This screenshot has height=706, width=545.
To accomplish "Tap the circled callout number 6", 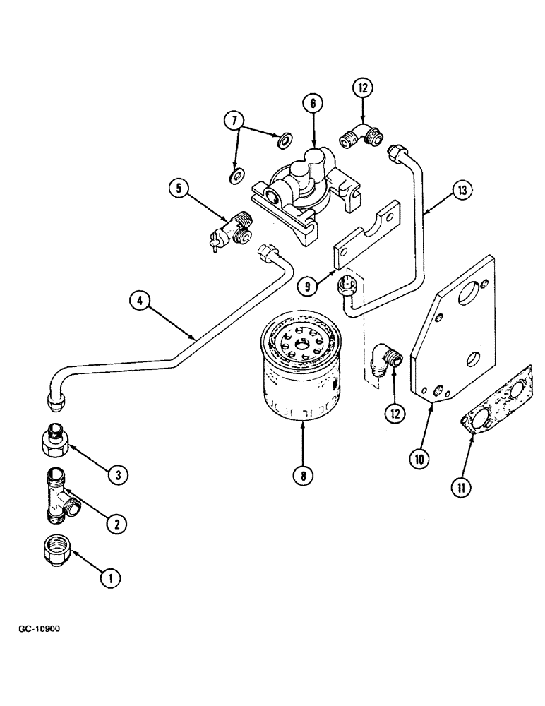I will tap(313, 102).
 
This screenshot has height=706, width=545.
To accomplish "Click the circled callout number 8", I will tap(302, 476).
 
